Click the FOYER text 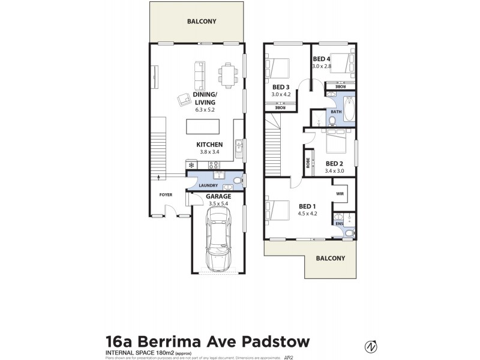coord(166,195)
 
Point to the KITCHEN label coord(209,145)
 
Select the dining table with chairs coord(227,74)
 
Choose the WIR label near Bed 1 coord(340,194)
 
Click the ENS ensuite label coord(338,224)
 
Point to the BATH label coord(335,111)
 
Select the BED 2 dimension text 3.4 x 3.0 coord(335,171)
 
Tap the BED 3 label coord(281,87)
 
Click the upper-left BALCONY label coord(201,21)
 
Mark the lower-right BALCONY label coord(331,258)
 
